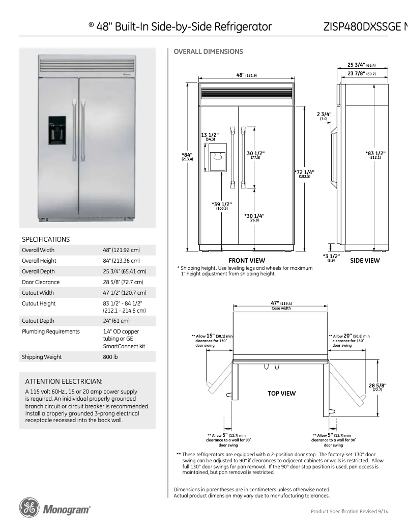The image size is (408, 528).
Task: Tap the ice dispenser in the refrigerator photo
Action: pos(57,130)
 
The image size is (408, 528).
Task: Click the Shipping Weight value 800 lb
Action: pos(110,357)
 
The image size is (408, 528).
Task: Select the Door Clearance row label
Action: pos(40,282)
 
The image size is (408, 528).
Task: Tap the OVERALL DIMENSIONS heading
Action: pos(209,51)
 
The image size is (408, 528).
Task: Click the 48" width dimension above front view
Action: pos(246,75)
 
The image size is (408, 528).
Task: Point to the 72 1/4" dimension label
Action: pos(305,173)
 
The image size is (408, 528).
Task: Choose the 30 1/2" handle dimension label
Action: pos(255,155)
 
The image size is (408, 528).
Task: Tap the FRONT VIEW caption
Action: pos(246,260)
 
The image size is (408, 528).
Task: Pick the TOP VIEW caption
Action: pos(281,393)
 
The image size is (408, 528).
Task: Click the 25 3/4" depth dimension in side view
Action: pos(364,65)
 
